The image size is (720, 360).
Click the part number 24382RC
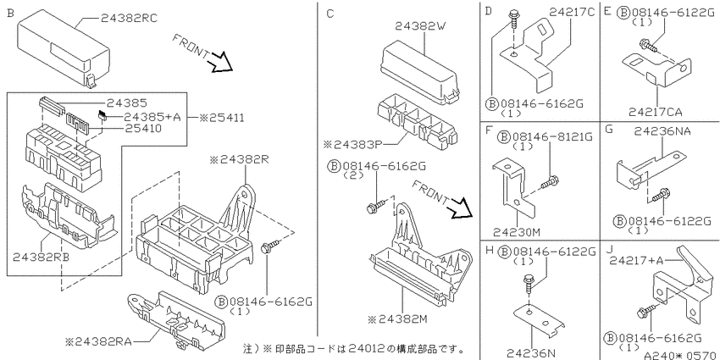pyautogui.click(x=129, y=18)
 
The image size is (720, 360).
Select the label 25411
pyautogui.click(x=221, y=118)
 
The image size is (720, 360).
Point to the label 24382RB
pyautogui.click(x=42, y=257)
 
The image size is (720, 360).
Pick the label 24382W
pyautogui.click(x=421, y=26)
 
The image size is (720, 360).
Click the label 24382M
pyautogui.click(x=402, y=318)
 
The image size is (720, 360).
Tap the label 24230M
pyautogui.click(x=517, y=232)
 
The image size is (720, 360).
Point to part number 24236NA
pyautogui.click(x=662, y=132)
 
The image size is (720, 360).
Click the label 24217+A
pyautogui.click(x=636, y=260)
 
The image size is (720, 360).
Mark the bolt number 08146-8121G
pyautogui.click(x=546, y=137)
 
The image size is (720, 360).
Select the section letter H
pyautogui.click(x=489, y=251)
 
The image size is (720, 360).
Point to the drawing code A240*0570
pyautogui.click(x=681, y=355)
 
